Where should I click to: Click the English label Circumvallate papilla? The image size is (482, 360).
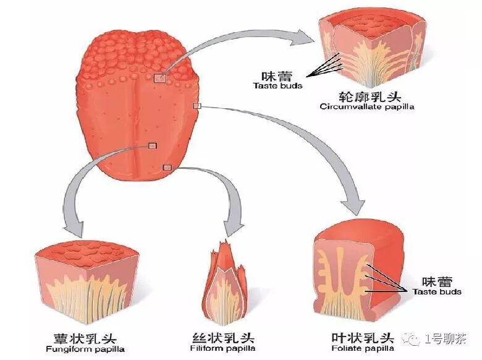(x=366, y=106)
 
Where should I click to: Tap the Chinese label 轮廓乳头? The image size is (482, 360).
(x=366, y=96)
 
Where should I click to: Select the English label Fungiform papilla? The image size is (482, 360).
(x=86, y=349)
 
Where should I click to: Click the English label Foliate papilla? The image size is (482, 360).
(x=360, y=349)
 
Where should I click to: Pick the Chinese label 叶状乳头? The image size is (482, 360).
(x=360, y=338)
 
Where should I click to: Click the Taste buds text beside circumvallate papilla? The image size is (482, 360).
(x=278, y=85)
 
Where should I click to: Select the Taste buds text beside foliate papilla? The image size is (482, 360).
(x=437, y=291)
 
